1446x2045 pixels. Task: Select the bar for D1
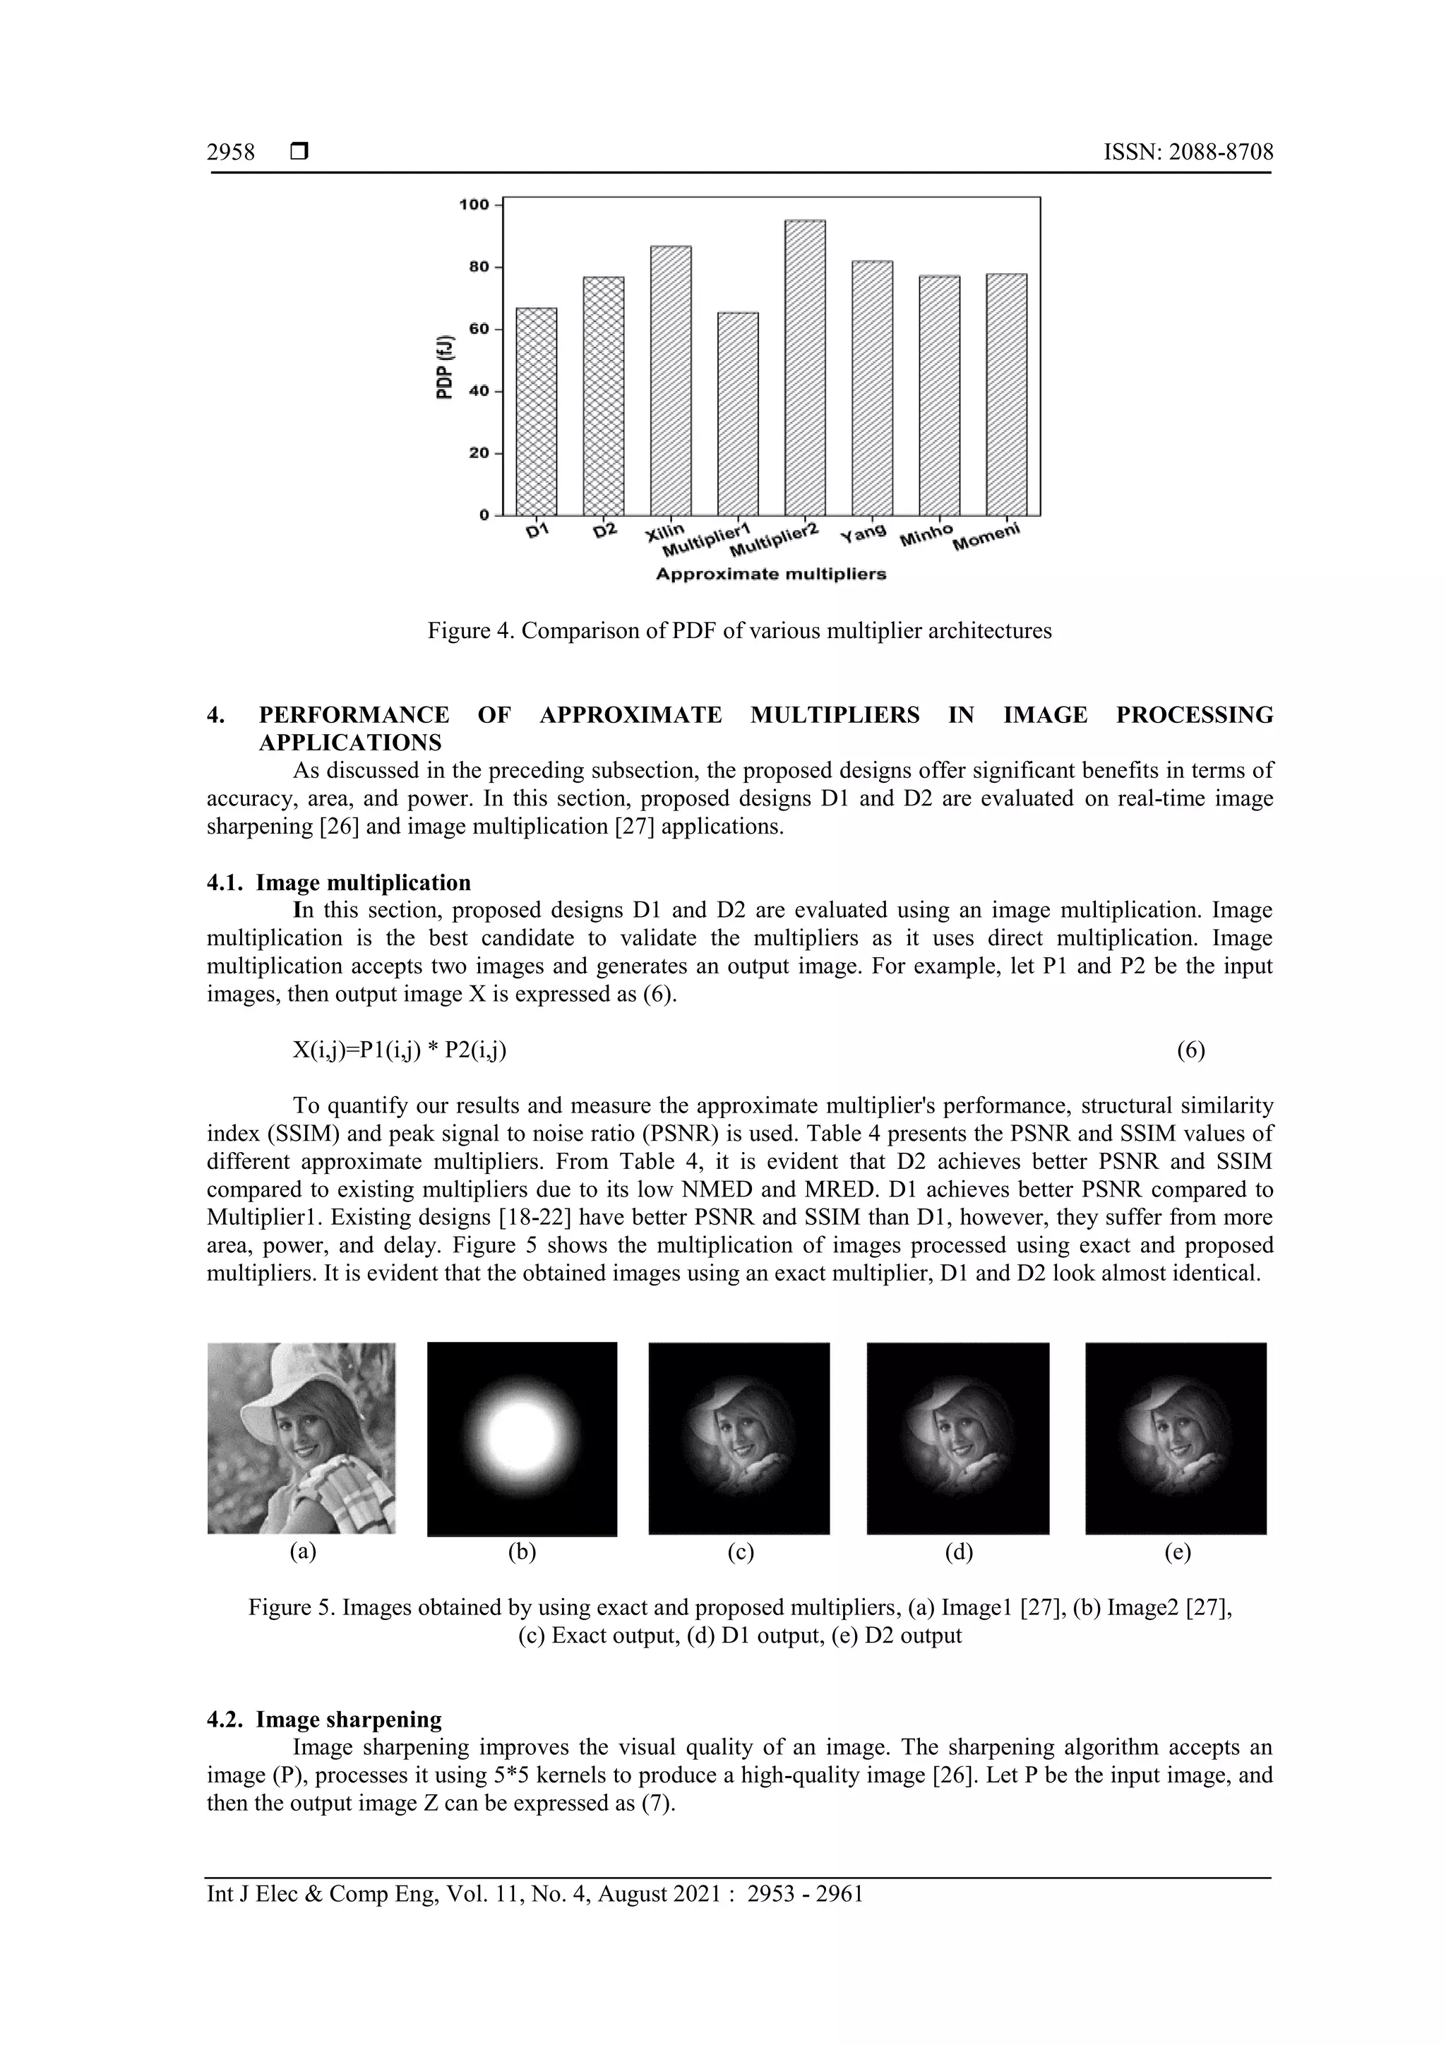537,412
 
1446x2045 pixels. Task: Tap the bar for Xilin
671,380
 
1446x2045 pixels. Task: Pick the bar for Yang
872,388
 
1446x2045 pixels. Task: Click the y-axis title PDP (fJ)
443,367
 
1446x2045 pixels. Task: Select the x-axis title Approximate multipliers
771,575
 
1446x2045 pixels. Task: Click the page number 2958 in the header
231,153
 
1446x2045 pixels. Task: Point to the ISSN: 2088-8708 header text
1188,153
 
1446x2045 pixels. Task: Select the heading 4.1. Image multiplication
339,882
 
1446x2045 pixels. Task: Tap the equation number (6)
1190,1050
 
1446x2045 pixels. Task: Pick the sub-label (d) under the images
959,1552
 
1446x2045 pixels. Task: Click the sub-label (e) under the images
1177,1552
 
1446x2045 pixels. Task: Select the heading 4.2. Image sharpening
324,1719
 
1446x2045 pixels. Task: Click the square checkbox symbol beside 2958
299,153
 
